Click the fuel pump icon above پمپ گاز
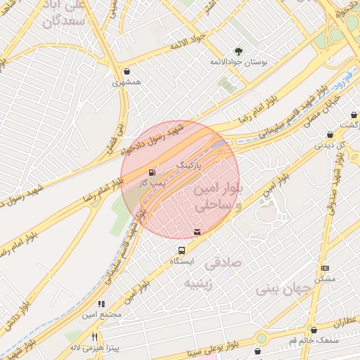click(x=152, y=172)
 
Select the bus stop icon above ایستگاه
click(x=182, y=250)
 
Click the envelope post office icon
click(x=196, y=232)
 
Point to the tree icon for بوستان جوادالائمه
click(x=238, y=51)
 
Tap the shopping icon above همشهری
click(x=127, y=71)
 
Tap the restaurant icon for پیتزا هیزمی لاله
click(x=95, y=337)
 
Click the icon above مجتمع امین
click(x=101, y=304)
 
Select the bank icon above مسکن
click(x=325, y=268)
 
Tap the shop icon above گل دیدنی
click(x=330, y=135)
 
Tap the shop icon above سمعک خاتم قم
click(x=314, y=330)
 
